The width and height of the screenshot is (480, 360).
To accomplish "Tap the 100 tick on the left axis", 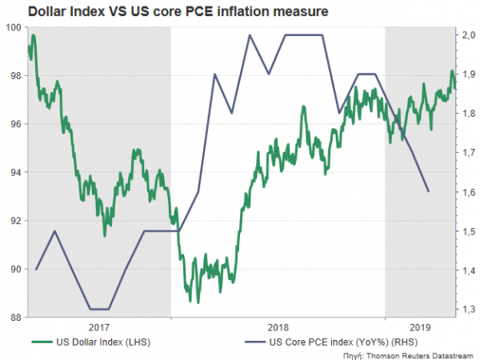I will (x=13, y=27).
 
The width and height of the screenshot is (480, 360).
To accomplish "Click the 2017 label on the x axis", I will (x=100, y=327).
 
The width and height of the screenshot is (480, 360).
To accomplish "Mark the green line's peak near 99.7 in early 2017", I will (x=33, y=35).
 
